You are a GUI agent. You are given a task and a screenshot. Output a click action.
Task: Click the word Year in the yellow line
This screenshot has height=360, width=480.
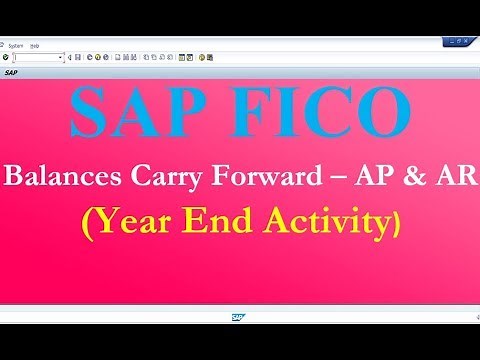click(x=133, y=222)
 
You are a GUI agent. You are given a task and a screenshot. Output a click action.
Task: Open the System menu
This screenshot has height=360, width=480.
click(x=16, y=45)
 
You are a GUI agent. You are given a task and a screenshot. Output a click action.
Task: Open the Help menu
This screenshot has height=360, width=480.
click(x=35, y=45)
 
